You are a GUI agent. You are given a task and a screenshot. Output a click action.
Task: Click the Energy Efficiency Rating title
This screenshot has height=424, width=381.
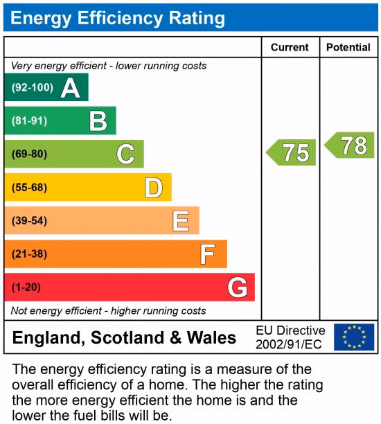(118, 18)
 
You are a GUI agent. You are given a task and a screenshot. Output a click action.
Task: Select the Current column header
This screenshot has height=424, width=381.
(290, 47)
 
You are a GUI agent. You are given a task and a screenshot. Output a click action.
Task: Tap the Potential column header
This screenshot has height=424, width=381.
(348, 47)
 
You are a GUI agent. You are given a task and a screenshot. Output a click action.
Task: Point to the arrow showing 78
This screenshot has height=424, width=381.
(351, 145)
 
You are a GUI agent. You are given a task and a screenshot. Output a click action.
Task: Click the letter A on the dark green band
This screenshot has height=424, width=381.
(70, 88)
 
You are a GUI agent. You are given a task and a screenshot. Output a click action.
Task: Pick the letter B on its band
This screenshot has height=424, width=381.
(98, 121)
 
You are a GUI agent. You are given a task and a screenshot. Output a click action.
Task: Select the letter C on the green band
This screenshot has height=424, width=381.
(125, 154)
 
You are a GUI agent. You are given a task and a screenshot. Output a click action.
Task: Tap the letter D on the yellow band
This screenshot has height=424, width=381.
(153, 188)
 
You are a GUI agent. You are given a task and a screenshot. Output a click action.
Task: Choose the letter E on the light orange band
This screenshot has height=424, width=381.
(181, 221)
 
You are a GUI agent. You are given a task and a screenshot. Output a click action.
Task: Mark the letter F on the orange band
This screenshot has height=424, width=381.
(207, 254)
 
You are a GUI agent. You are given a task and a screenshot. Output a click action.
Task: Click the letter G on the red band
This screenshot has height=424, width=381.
(237, 288)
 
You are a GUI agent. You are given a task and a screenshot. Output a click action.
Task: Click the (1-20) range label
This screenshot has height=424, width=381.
(26, 288)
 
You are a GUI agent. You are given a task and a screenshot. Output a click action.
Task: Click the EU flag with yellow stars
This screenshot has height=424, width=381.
(353, 337)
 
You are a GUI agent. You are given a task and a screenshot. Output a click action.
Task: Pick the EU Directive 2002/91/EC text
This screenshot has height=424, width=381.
(290, 337)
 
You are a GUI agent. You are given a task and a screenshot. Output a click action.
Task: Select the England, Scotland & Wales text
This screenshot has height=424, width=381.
(125, 338)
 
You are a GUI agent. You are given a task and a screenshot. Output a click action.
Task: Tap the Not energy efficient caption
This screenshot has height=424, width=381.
(109, 310)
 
